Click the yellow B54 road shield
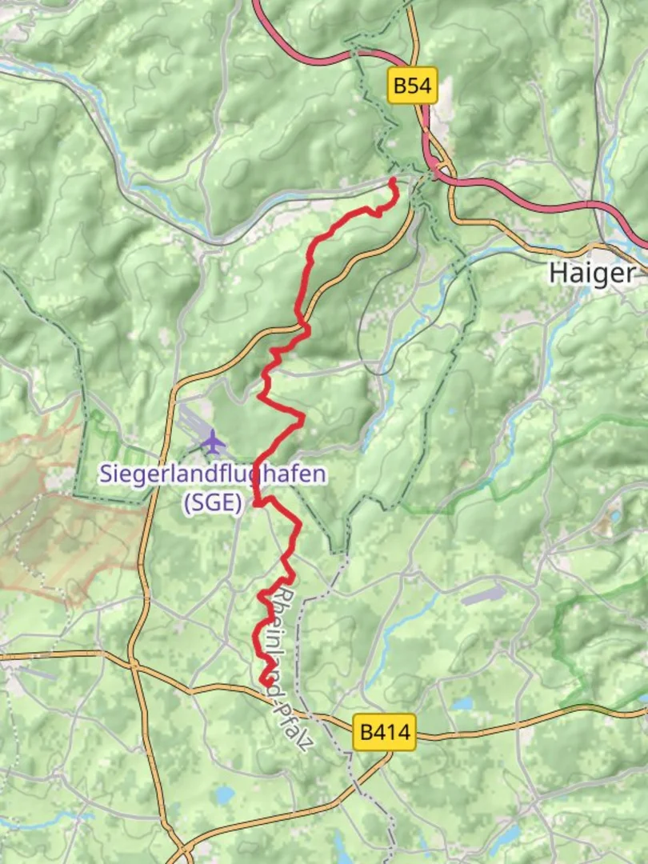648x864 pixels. [413, 86]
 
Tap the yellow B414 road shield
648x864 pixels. [385, 732]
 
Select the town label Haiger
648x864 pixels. [592, 273]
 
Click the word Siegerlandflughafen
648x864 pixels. [213, 474]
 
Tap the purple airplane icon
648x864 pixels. [213, 439]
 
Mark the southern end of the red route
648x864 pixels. [265, 681]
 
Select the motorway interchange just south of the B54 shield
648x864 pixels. [435, 169]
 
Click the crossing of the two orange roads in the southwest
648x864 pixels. [133, 664]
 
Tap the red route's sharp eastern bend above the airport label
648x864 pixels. [302, 417]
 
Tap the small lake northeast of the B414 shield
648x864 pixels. [462, 704]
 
